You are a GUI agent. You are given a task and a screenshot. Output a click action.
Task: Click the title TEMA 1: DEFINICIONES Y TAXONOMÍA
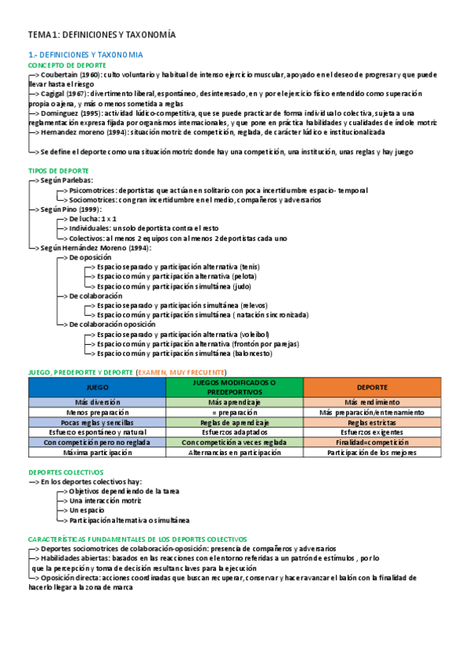coord(102,34)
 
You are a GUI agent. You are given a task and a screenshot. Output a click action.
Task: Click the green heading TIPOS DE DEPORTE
coord(58,170)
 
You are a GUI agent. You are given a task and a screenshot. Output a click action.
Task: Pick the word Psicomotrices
coord(92,190)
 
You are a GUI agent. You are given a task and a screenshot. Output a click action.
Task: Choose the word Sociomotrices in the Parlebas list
coord(92,199)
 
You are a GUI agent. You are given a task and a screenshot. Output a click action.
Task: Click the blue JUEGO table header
coord(97,387)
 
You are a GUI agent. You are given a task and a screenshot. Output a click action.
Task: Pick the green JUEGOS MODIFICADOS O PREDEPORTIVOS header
coord(233,387)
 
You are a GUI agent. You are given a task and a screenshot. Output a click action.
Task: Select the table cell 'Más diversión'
coord(97,401)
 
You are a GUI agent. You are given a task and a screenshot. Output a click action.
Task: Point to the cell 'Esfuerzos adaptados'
coord(233,432)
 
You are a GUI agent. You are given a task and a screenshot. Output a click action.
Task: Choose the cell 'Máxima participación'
coord(97,452)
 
